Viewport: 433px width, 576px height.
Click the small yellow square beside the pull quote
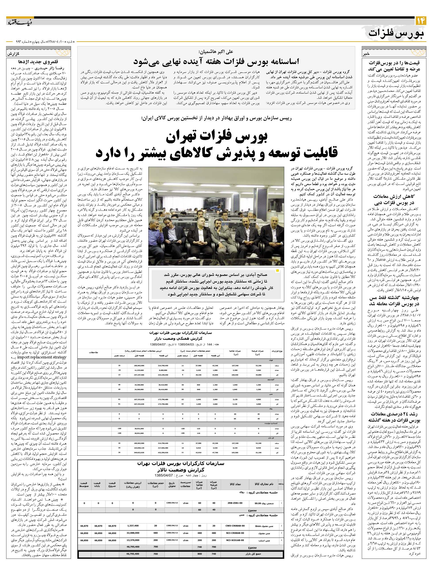coord(277,271)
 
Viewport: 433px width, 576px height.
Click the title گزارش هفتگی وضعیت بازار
coord(181,339)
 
